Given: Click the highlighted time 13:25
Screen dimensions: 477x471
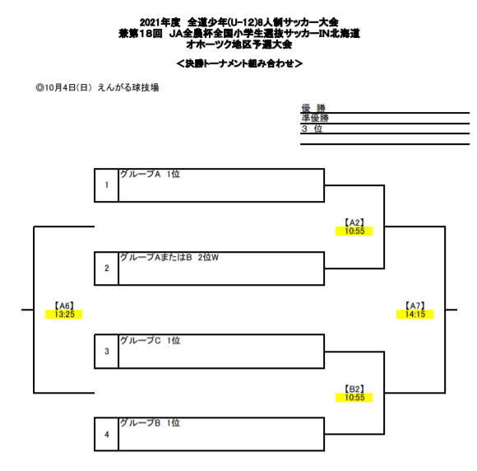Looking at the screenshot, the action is coord(64,314).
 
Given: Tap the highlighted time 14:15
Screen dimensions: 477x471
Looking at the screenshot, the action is coord(415,314).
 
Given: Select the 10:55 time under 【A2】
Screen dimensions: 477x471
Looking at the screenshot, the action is coord(354,231).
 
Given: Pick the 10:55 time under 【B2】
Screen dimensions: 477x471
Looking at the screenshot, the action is coord(354,397).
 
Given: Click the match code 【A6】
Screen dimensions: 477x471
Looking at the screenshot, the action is coord(64,305).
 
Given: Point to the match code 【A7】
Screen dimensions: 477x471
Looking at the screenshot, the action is coord(415,305).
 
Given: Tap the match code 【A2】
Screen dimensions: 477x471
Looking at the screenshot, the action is coord(354,222).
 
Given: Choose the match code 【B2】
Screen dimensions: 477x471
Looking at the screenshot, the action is coord(354,389).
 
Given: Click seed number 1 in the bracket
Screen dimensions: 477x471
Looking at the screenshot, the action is coord(107,185).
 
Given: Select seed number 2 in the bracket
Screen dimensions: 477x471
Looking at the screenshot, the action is coord(107,268).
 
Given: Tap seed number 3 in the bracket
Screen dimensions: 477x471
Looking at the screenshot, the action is coord(107,352).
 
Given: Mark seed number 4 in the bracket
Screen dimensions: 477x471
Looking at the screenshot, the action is coord(107,435).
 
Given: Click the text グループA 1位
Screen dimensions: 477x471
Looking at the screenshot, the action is coord(150,174).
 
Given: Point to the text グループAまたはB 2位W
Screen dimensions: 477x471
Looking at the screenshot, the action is coord(169,258).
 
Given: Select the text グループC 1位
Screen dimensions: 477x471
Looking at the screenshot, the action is coord(150,340).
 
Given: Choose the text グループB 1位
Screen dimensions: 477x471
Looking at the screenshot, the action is coord(150,423).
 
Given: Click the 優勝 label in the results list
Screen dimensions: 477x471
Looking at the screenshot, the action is coord(313,108).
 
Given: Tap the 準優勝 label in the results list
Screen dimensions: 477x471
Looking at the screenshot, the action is coord(315,118).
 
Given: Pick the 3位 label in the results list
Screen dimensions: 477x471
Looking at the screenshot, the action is coord(312,128).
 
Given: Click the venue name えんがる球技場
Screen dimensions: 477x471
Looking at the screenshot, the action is coord(128,88).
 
